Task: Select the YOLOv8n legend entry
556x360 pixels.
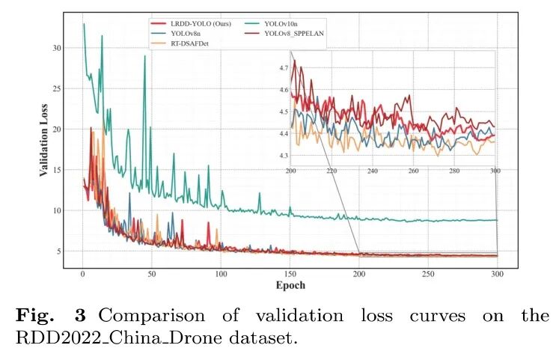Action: click(186, 34)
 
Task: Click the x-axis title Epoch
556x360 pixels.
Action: click(290, 285)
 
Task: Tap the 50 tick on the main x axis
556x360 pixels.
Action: click(152, 274)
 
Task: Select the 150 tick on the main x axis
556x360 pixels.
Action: click(290, 274)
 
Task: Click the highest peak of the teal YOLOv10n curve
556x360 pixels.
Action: click(84, 24)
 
